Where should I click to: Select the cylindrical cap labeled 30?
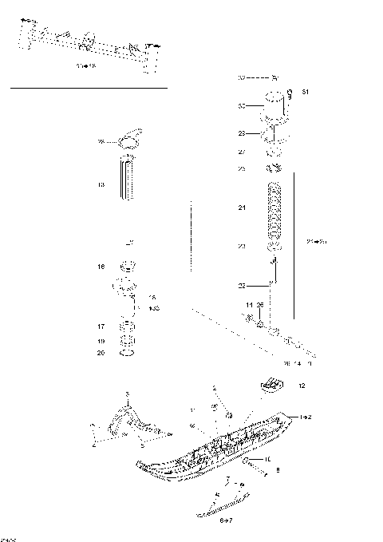(276, 106)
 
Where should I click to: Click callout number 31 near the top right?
(306, 93)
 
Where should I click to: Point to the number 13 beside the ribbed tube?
(101, 184)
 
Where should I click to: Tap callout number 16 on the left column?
(101, 267)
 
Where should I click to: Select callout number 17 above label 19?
(101, 326)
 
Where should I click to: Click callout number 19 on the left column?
(101, 341)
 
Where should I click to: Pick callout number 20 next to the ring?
(101, 353)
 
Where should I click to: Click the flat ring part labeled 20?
(128, 353)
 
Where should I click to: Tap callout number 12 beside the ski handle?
(302, 386)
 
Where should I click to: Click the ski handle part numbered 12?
(273, 387)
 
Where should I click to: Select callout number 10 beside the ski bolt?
(268, 459)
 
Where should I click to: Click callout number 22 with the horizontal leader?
(242, 285)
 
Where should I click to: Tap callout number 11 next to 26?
(249, 305)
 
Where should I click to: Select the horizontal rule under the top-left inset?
(88, 87)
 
